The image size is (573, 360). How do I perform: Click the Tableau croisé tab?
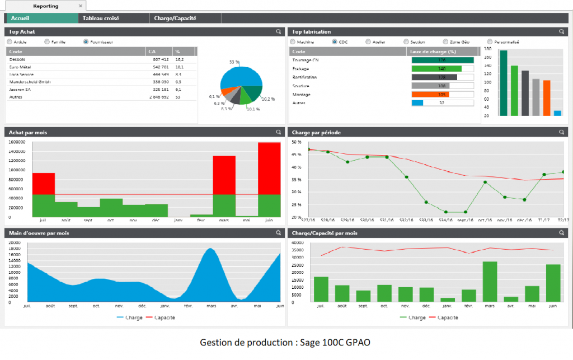point(101,18)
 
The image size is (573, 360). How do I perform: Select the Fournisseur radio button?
point(86,41)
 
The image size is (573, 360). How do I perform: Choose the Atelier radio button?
point(368,41)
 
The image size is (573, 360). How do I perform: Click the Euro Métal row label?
point(21,67)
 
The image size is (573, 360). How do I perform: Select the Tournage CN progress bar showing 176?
point(442,60)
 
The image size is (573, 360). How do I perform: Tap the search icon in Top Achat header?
point(278,32)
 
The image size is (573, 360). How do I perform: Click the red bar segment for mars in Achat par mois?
point(224,175)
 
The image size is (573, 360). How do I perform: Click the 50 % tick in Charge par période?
point(297,143)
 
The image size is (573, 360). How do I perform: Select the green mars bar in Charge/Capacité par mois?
point(490,282)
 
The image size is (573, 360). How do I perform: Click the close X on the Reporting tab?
point(80,6)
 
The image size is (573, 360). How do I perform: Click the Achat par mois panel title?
point(28,133)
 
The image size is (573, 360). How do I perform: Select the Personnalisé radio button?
point(490,41)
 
